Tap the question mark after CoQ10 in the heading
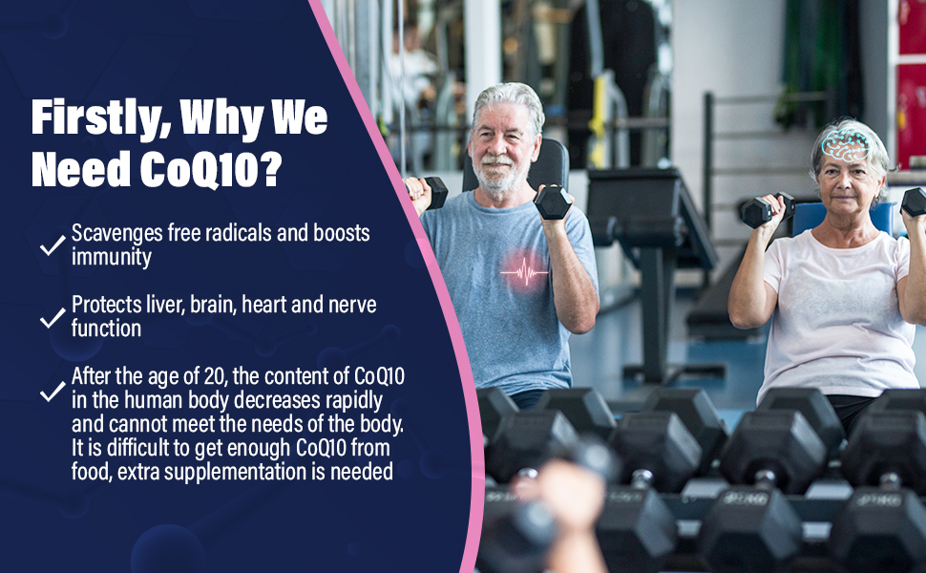pyautogui.click(x=270, y=168)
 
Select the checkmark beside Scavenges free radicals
pyautogui.click(x=53, y=244)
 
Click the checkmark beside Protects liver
pyautogui.click(x=53, y=317)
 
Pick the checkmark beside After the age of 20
pyautogui.click(x=53, y=391)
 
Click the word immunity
pyautogui.click(x=112, y=258)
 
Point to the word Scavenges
pyautogui.click(x=116, y=233)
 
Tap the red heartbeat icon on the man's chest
pyautogui.click(x=524, y=273)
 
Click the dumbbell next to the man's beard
pyautogui.click(x=553, y=202)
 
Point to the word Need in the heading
pyautogui.click(x=81, y=169)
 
